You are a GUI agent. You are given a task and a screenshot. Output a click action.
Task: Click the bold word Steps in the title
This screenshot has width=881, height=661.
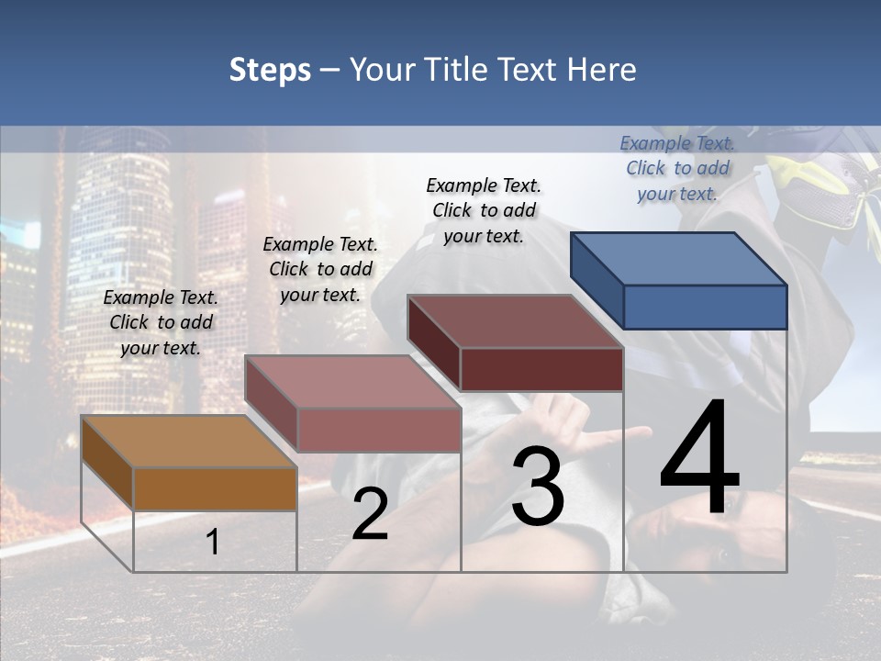(270, 70)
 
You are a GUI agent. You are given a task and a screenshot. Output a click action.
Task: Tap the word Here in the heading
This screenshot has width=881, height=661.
(601, 70)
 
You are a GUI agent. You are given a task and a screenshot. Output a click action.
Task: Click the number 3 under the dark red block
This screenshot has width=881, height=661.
(538, 487)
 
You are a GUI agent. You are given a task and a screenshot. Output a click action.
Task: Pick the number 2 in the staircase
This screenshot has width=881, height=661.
(370, 515)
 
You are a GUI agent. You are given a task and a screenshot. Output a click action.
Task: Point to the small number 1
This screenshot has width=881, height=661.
(212, 542)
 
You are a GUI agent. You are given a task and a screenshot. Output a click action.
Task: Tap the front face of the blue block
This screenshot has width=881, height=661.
(705, 307)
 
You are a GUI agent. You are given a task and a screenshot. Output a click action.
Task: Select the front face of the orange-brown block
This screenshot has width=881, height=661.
(215, 488)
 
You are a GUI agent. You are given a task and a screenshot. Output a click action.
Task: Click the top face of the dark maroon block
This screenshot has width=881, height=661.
(514, 320)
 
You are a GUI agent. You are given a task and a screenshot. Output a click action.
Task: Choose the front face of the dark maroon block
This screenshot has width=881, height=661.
(541, 369)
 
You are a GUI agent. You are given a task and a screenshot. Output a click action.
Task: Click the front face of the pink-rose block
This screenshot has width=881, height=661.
(378, 430)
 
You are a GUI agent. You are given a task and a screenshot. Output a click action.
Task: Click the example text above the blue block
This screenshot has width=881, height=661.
(677, 168)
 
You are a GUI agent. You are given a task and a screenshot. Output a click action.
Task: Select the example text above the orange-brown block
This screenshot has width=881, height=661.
(161, 322)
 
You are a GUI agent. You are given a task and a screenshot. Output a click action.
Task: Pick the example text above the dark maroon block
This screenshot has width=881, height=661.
(484, 210)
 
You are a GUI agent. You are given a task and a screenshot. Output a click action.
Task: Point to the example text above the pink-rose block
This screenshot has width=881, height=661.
(320, 269)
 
